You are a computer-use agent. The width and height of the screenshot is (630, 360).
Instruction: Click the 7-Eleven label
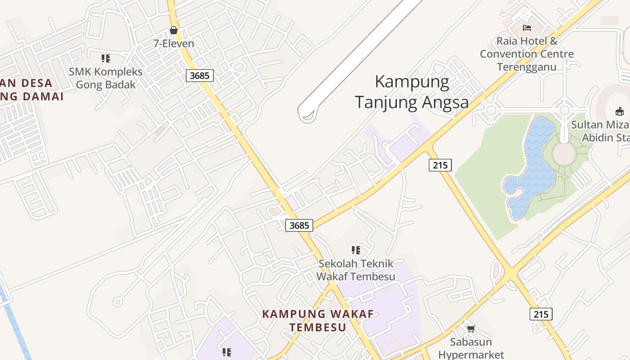point(173,44)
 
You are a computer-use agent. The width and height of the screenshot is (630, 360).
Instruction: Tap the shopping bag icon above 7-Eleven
point(173,30)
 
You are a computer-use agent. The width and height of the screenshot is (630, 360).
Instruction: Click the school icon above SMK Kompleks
point(105,58)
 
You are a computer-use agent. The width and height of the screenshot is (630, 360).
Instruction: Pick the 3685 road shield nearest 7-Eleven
point(199,76)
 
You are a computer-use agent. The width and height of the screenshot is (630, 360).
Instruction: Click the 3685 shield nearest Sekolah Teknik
point(299,225)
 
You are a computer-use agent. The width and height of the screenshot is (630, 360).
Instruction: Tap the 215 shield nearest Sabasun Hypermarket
point(540,314)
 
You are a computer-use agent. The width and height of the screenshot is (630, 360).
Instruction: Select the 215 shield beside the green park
point(440,165)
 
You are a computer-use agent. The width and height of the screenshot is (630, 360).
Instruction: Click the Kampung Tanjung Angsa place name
point(411,92)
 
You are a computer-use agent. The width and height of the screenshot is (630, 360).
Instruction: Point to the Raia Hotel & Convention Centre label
point(526,54)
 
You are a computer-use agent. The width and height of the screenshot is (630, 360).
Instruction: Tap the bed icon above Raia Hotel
point(526,28)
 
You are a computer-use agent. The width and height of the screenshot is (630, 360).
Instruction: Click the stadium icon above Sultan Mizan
point(620,111)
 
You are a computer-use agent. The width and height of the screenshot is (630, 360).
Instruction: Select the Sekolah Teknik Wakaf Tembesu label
point(355,270)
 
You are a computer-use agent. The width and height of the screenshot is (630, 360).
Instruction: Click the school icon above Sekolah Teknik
point(355,250)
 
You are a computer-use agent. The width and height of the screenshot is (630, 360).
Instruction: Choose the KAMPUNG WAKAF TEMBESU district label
point(318,320)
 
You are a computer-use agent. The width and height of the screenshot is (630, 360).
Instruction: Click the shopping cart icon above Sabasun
point(471,328)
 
